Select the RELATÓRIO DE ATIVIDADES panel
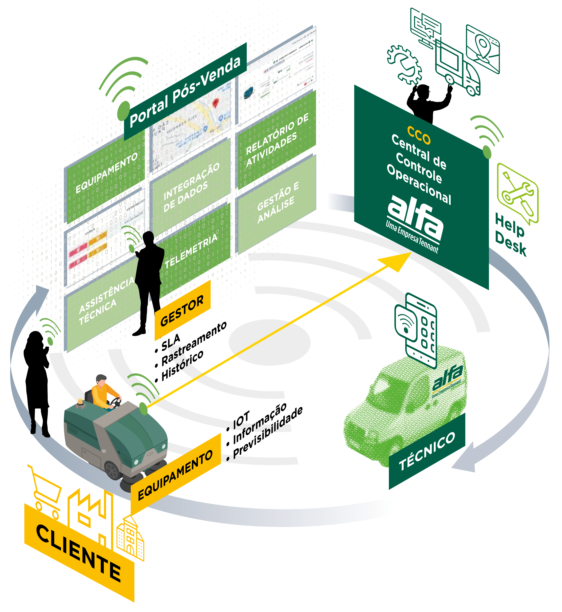point(277,140)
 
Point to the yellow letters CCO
point(419,135)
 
